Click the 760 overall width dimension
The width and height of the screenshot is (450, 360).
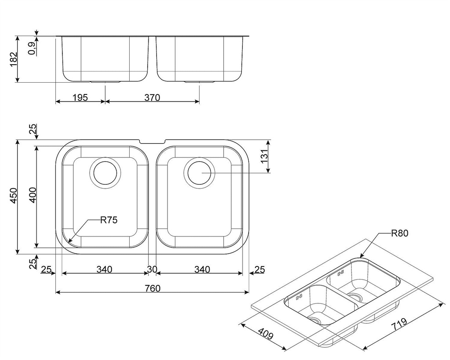152,288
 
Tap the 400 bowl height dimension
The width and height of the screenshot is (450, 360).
33,195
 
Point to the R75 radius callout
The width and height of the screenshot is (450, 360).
109,220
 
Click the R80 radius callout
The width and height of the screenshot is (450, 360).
399,233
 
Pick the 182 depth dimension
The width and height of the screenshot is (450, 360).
14,59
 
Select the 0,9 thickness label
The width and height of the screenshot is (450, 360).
32,48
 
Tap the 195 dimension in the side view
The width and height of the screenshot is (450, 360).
80,98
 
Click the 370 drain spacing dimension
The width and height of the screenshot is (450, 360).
152,98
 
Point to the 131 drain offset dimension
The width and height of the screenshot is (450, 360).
264,156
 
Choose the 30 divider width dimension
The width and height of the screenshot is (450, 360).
152,269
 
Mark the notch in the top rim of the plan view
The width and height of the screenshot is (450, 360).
152,142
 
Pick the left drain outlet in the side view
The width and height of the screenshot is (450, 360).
105,82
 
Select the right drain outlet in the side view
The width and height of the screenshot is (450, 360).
200,82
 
